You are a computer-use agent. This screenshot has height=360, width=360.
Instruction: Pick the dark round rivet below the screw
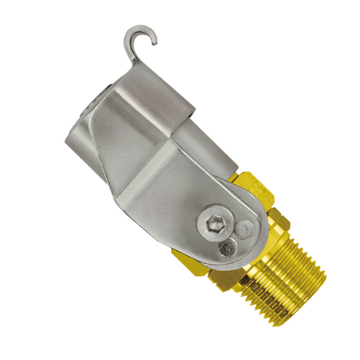click(x=226, y=247)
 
